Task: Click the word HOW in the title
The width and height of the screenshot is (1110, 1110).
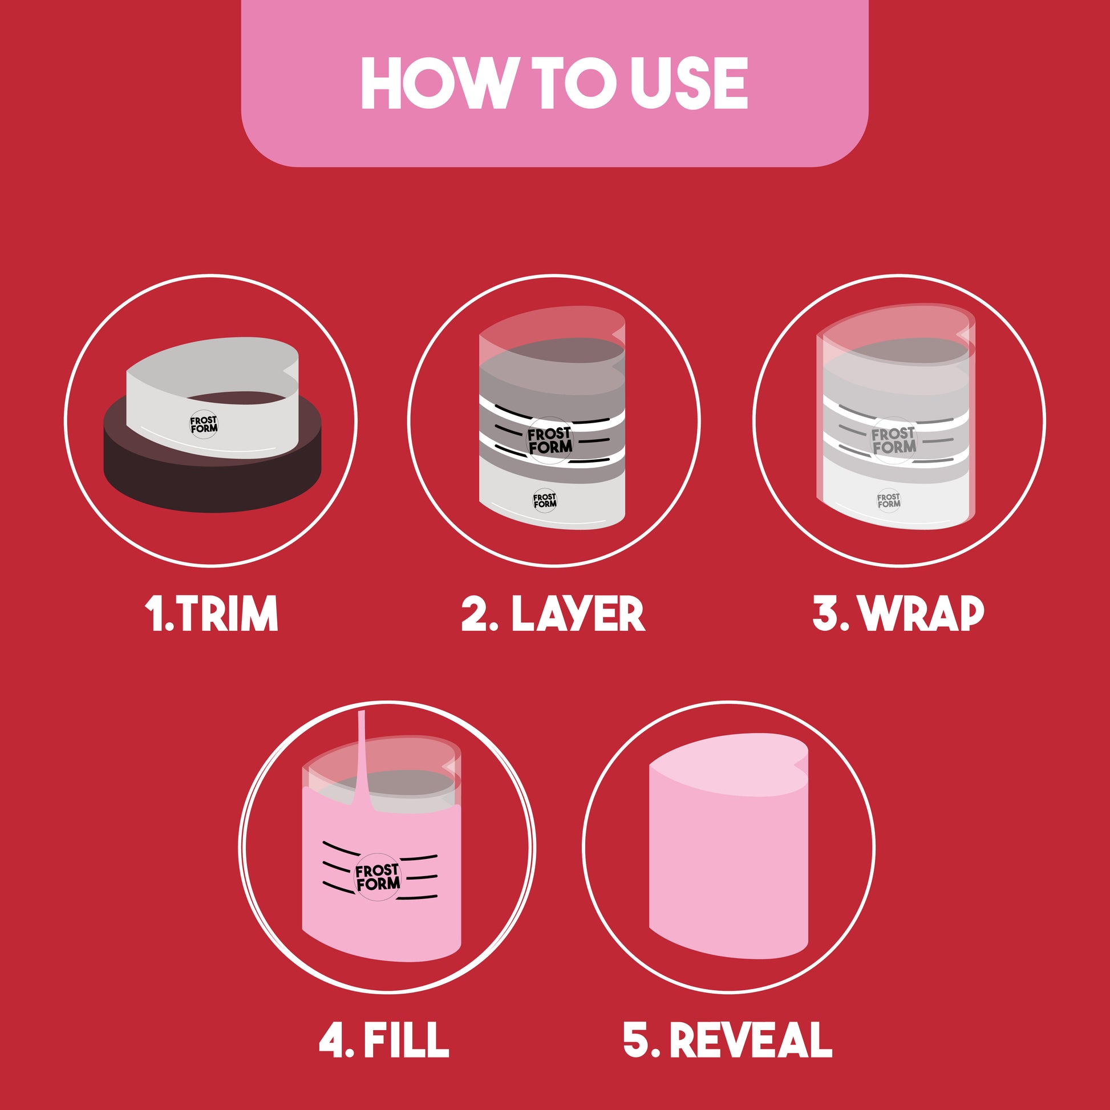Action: [x=435, y=83]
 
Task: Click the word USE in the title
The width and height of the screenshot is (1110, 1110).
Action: [x=688, y=83]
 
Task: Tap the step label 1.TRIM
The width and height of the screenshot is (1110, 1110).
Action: [x=211, y=614]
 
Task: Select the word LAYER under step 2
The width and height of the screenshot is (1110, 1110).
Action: [x=578, y=614]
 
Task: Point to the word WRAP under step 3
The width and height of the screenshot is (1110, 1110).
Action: [x=922, y=614]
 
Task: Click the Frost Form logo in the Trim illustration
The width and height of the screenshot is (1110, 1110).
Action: [x=204, y=424]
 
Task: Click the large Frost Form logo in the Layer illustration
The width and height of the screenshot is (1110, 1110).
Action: [x=550, y=440]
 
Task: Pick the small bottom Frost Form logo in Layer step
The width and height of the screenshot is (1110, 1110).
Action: [x=545, y=500]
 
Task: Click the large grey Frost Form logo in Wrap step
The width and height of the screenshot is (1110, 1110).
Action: [x=893, y=440]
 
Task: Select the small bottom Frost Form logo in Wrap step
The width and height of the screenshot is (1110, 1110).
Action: [x=888, y=500]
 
